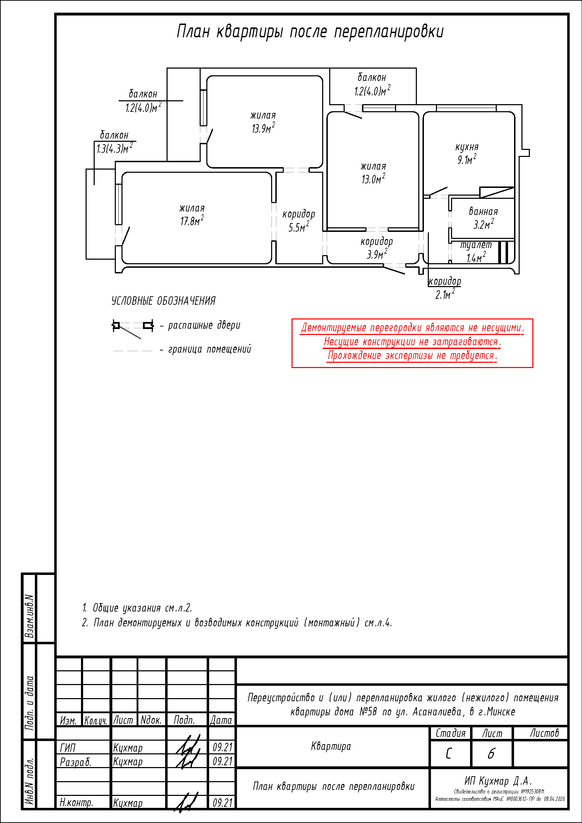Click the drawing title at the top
[x=310, y=32]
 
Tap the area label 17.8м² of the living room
[x=192, y=221]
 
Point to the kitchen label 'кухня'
[x=467, y=147]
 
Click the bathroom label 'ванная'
[x=483, y=211]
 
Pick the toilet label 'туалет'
[x=476, y=245]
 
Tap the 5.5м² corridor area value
[x=299, y=227]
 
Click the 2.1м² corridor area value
[x=445, y=294]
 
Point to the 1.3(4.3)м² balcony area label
[x=114, y=148]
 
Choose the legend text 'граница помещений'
[x=209, y=349]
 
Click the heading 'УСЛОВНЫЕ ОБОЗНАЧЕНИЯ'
[x=163, y=301]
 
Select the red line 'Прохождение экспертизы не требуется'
[x=412, y=356]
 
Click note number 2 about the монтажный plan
[x=237, y=623]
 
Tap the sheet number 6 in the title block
[x=491, y=753]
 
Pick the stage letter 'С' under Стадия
[x=449, y=753]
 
